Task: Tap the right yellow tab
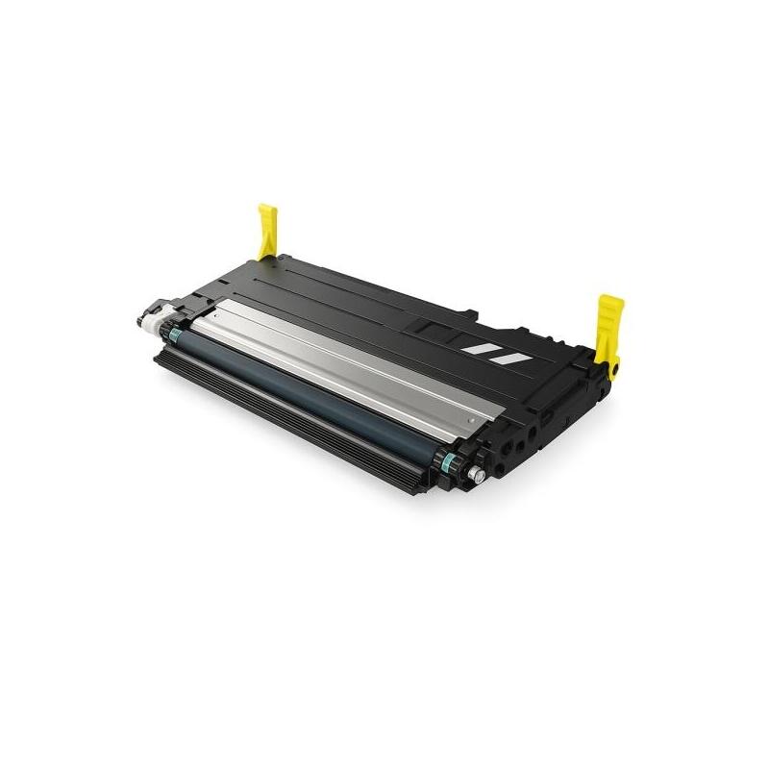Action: [609, 324]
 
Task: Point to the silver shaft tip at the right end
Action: [475, 475]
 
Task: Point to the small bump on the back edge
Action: [468, 309]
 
